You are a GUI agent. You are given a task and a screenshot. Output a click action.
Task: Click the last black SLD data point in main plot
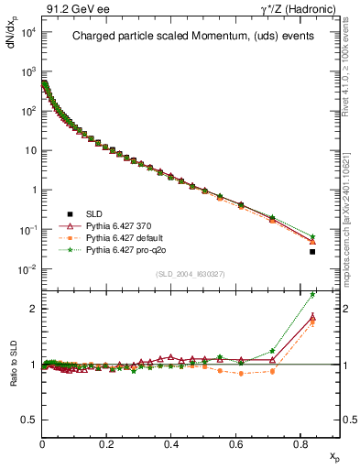coord(312,252)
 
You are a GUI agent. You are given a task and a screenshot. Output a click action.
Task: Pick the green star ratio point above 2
coord(312,295)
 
